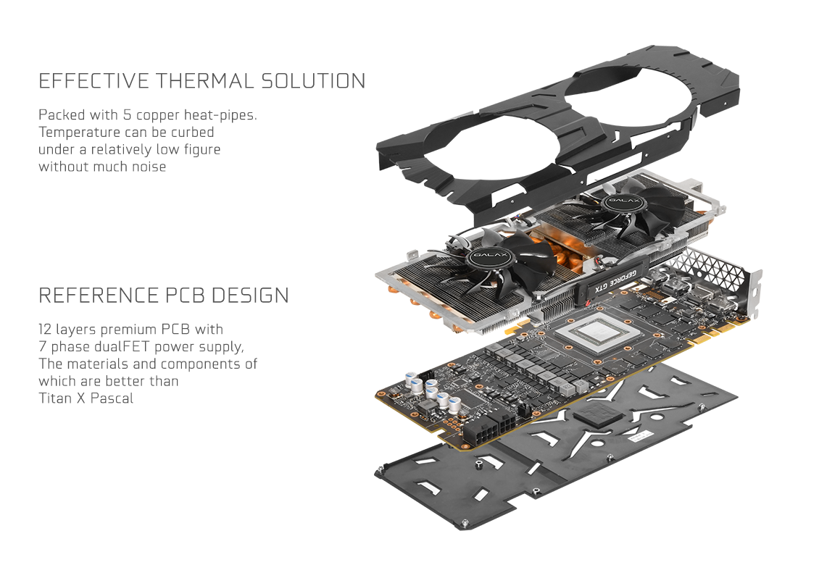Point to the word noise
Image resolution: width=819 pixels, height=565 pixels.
pos(147,167)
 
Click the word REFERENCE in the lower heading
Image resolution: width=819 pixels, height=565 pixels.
pos(98,296)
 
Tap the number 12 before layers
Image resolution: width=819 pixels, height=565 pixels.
pos(46,330)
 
